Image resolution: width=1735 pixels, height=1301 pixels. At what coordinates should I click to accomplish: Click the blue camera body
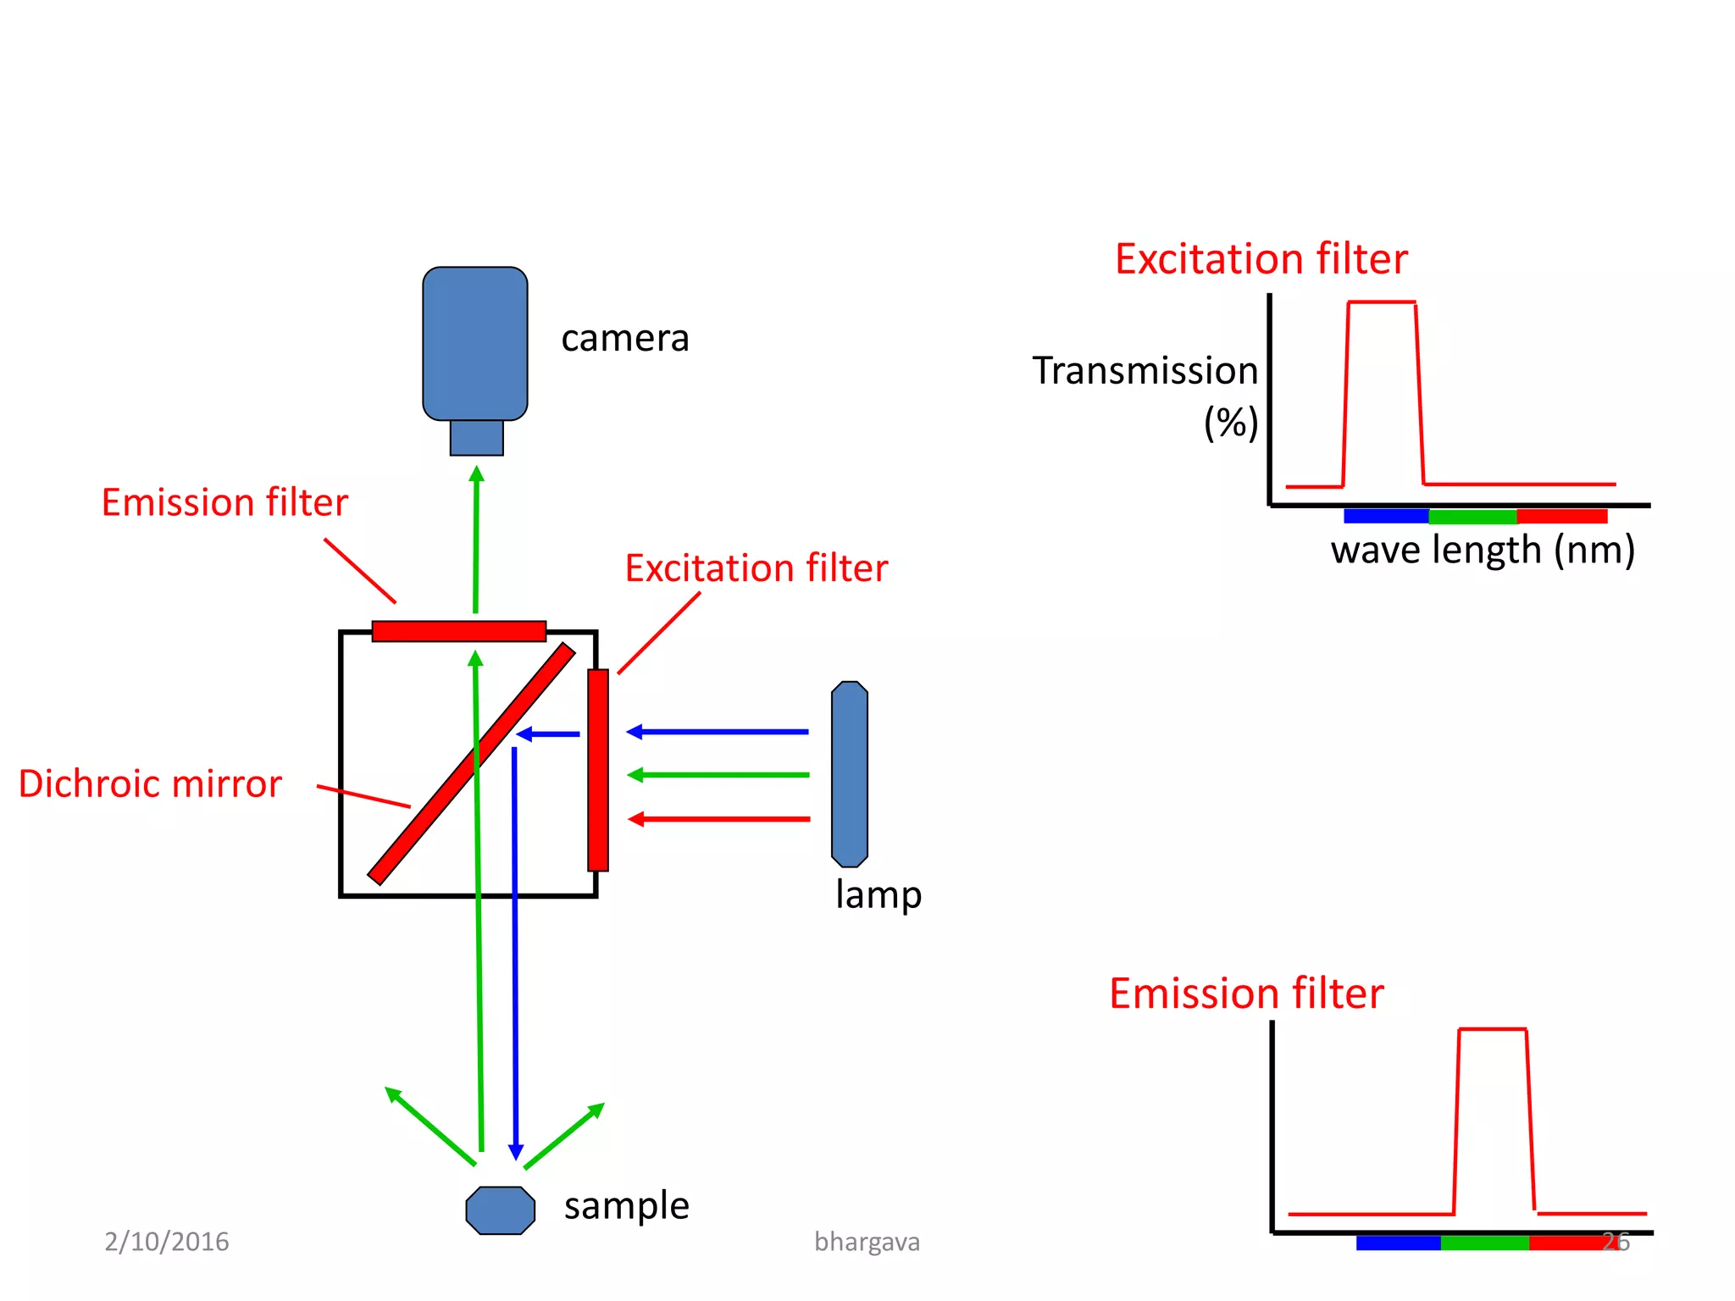(474, 343)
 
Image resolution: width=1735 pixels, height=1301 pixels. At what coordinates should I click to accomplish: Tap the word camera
(624, 339)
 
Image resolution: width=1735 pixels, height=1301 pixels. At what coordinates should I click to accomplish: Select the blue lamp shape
(849, 774)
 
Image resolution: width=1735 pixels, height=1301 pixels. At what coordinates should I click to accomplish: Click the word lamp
(878, 895)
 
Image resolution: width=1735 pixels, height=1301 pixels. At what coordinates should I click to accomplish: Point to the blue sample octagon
(500, 1210)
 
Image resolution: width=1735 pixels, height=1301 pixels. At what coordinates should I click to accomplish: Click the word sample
(626, 1205)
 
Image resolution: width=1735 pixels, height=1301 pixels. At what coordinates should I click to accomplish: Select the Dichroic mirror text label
(150, 783)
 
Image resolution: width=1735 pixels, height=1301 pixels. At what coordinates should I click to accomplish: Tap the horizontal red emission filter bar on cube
(458, 631)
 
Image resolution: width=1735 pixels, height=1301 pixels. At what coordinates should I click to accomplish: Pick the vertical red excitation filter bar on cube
(598, 770)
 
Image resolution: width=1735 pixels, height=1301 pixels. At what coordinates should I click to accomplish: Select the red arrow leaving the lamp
(720, 818)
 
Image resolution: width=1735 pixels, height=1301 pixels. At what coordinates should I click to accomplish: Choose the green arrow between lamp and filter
(720, 774)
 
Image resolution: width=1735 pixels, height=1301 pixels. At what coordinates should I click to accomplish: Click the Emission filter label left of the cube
(224, 502)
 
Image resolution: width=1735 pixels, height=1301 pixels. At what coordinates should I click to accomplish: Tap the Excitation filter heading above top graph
(1261, 259)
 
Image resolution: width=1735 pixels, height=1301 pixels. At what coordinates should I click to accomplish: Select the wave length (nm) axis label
(1483, 551)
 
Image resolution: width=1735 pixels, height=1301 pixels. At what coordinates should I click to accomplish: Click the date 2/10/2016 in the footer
(167, 1242)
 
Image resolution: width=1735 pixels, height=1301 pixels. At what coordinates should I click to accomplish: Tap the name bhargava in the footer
(867, 1242)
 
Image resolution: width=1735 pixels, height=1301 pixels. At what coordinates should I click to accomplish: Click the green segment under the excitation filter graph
(1472, 516)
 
